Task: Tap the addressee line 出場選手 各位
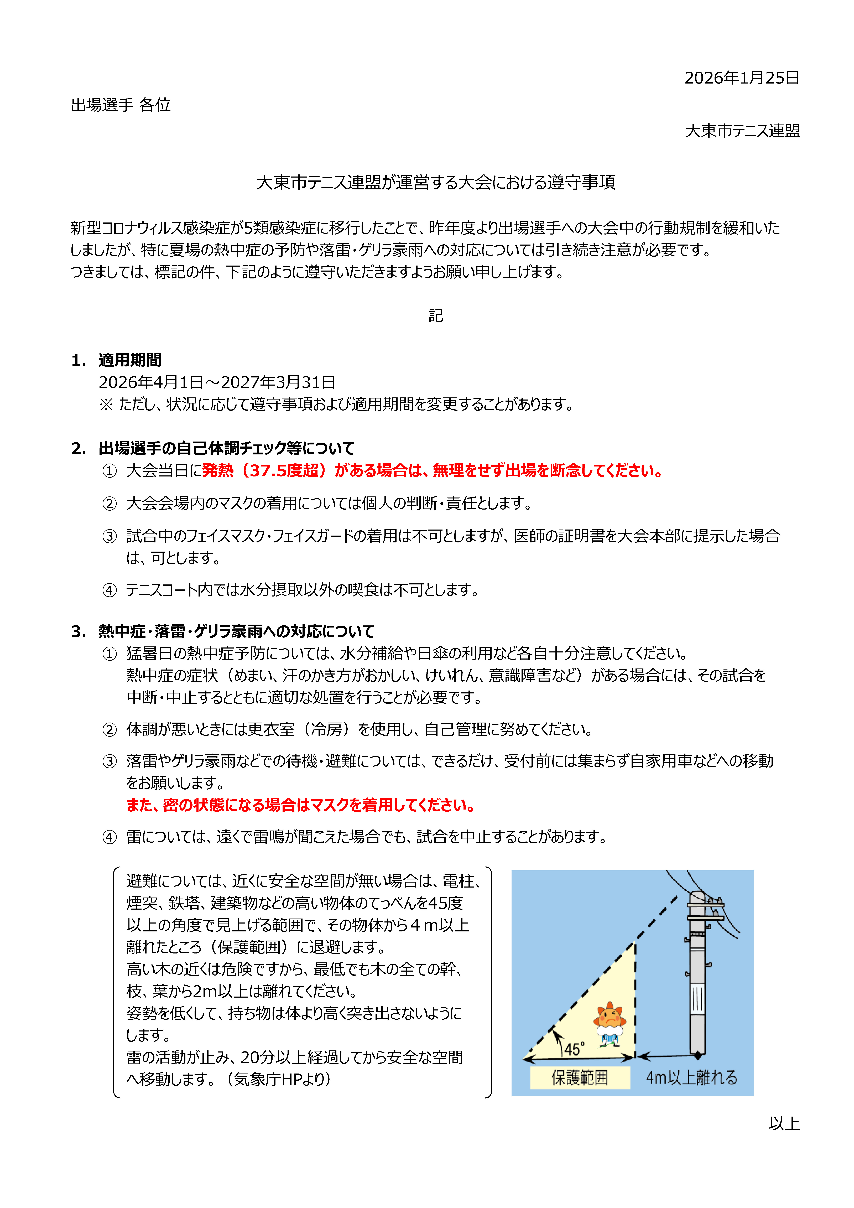click(121, 105)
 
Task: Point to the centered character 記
click(436, 316)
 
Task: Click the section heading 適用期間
click(130, 360)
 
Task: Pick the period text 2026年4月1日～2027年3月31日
click(217, 382)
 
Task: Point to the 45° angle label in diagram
click(574, 1049)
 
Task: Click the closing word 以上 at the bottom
click(784, 1123)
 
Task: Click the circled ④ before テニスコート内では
click(110, 590)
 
